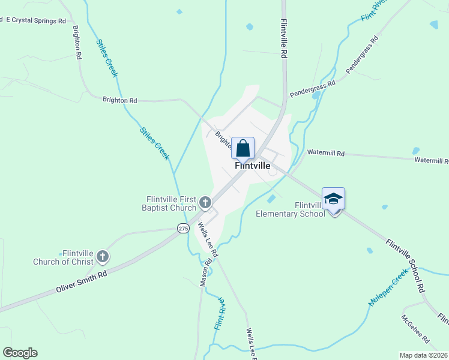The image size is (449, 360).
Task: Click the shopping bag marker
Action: [243, 148]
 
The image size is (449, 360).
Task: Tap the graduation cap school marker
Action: [333, 199]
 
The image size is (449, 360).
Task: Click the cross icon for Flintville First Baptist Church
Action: [205, 202]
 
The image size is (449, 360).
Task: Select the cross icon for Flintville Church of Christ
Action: [103, 257]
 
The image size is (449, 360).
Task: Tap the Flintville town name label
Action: [252, 166]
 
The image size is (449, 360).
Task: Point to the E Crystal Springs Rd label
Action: [35, 20]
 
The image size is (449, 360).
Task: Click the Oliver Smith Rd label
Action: [81, 281]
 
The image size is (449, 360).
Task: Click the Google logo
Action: [20, 353]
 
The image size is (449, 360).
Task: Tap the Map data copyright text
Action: [424, 355]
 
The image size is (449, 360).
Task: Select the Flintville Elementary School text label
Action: [291, 209]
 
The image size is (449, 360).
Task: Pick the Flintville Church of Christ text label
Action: [64, 257]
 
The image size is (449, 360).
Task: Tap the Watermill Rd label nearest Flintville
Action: [325, 153]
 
